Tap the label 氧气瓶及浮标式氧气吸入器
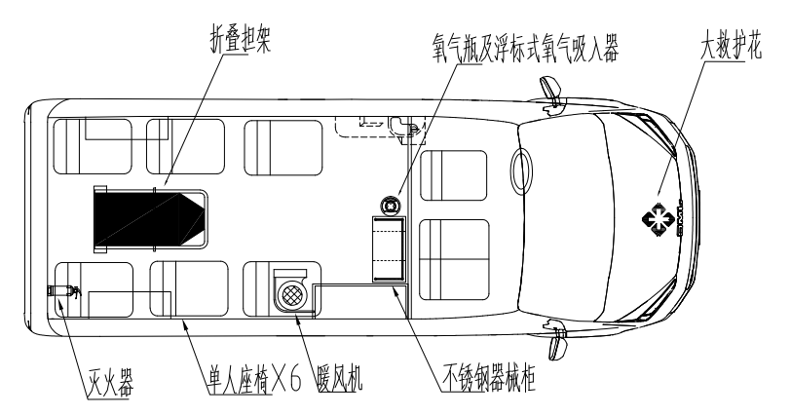525,48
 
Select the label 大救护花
731,45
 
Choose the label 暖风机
340,378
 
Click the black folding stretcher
150,219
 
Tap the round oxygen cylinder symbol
391,206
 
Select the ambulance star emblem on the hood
659,219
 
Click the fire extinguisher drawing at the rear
63,291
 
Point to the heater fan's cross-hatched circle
291,293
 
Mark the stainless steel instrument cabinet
389,248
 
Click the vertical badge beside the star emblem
679,220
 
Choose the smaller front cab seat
454,175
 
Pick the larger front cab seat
454,259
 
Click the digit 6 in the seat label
295,378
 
